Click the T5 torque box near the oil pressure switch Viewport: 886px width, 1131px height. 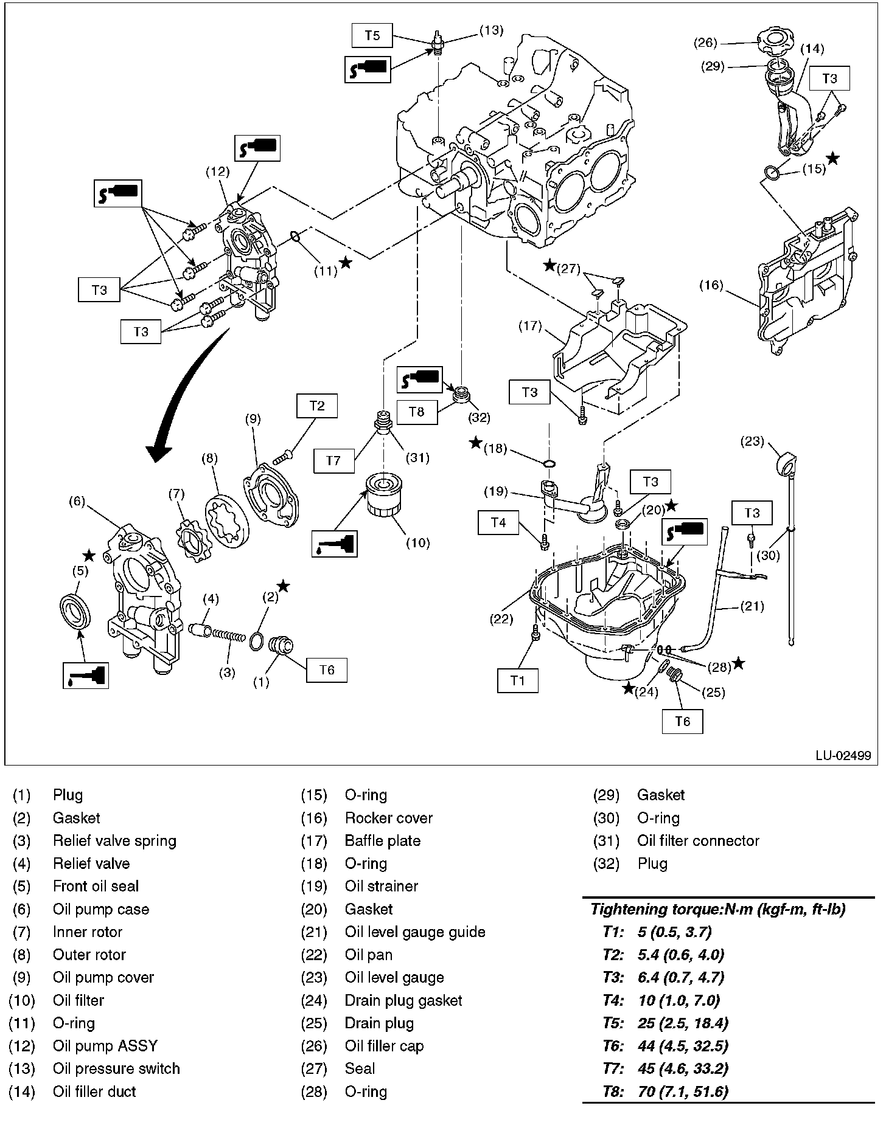[x=372, y=35]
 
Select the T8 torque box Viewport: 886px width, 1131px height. [x=416, y=412]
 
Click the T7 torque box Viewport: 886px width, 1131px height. [x=333, y=460]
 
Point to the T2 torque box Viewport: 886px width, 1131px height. [x=317, y=406]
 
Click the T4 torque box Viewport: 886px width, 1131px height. [x=498, y=522]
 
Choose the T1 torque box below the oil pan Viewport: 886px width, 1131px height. [x=517, y=680]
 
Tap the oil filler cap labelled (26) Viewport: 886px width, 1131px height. [x=772, y=42]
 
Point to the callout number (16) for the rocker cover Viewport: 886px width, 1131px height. [x=711, y=285]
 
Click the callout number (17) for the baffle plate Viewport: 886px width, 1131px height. [x=530, y=326]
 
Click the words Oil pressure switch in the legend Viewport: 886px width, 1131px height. [x=116, y=1068]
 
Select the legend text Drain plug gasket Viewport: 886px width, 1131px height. [x=403, y=1000]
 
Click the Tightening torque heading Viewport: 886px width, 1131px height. [x=718, y=910]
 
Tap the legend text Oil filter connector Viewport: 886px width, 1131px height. [x=698, y=840]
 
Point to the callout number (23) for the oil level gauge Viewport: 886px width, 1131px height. [x=752, y=441]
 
